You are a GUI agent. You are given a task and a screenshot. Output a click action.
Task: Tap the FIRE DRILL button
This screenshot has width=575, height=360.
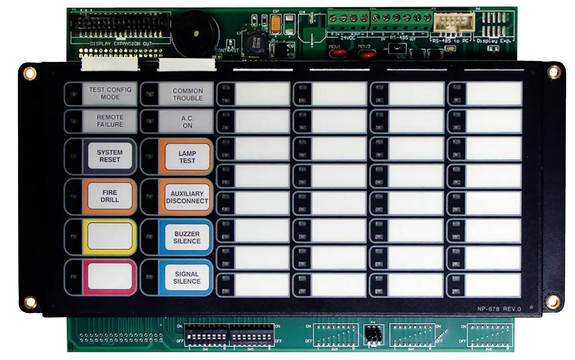click(x=110, y=196)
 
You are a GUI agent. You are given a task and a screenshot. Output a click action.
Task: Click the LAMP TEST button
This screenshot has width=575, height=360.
click(x=187, y=157)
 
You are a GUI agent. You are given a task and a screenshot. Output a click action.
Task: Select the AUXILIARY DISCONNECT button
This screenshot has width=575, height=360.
click(x=186, y=197)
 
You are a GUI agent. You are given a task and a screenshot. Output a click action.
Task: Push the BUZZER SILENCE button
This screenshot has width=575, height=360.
click(x=187, y=237)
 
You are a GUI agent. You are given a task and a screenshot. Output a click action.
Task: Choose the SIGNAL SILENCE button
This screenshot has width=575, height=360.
click(x=187, y=278)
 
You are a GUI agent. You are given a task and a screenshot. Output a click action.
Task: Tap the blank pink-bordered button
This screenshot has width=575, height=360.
click(x=110, y=277)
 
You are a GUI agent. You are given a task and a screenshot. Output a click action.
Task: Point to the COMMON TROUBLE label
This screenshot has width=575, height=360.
click(x=187, y=94)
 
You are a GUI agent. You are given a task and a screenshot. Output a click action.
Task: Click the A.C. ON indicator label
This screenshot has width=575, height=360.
click(x=187, y=121)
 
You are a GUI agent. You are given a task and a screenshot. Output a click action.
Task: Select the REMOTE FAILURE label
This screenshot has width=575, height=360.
click(x=110, y=121)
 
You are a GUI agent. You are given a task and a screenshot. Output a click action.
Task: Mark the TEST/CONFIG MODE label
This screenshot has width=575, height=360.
click(x=110, y=93)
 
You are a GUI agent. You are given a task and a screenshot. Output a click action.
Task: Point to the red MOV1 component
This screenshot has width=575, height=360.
click(x=335, y=52)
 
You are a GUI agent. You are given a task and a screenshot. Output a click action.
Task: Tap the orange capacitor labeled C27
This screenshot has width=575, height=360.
click(x=276, y=24)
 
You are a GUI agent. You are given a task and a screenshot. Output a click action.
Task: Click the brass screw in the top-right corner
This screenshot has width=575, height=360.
click(x=554, y=72)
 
